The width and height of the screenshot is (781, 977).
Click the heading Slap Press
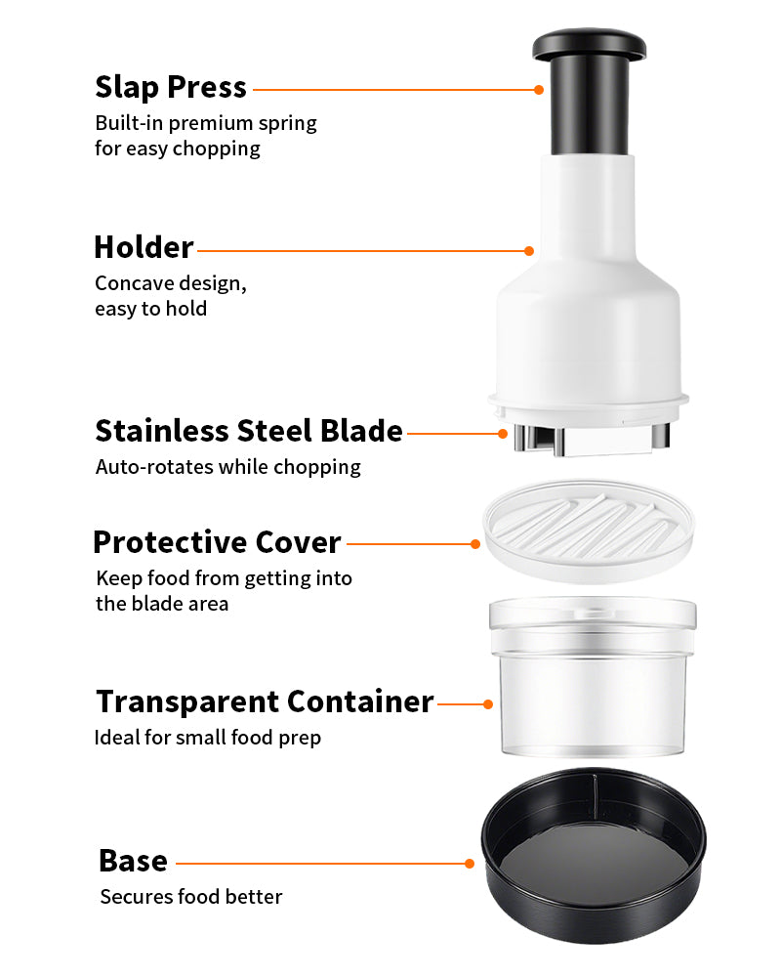coord(171,88)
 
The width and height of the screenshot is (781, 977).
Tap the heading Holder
coord(144,247)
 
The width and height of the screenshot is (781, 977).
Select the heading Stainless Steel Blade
coord(249,431)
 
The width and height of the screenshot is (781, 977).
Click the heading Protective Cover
coord(218,542)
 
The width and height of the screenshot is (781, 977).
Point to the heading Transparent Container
coord(265,701)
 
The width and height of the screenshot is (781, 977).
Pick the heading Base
coord(134,861)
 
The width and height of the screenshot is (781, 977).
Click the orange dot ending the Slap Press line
coord(539,90)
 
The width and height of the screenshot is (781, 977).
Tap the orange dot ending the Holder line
coord(529,251)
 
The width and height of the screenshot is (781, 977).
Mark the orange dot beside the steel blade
coord(503,434)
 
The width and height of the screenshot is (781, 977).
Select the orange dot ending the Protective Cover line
coord(475,544)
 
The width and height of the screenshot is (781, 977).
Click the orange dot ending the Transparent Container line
coord(488,704)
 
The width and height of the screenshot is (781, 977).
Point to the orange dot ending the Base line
coord(470,864)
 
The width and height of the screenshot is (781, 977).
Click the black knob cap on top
coord(590,45)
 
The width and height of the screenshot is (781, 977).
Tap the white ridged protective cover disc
coord(590,530)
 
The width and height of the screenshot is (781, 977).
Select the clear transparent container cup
coord(593,677)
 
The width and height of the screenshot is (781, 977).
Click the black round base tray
coord(594,855)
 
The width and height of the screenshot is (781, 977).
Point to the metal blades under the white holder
coord(592,439)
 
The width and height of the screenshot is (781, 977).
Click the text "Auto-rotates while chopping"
coord(227,467)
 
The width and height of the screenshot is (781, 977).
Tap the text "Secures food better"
coord(191,897)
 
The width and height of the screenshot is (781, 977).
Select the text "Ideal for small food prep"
coord(207,738)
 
